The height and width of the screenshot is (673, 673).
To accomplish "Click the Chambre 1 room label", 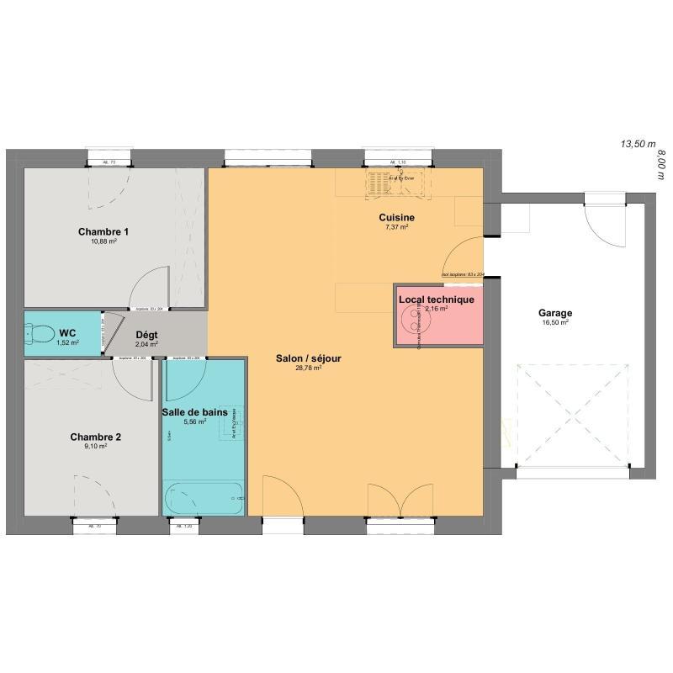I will point(103,231).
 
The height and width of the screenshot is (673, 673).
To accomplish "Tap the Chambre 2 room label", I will point(95,437).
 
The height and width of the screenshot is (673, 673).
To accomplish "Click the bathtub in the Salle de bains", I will point(205,499).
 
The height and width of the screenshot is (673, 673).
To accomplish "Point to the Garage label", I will point(554,313).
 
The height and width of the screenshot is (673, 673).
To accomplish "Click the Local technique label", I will point(436,299).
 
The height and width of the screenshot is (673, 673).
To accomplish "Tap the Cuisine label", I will point(396,218).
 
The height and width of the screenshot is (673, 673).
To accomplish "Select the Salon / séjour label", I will point(308,358).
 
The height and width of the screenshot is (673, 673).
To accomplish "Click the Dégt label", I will point(147,335).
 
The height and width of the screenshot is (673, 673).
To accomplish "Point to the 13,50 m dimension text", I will point(637,144).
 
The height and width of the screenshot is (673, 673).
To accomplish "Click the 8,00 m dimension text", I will point(660,162).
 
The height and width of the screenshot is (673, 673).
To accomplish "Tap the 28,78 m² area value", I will point(308,368).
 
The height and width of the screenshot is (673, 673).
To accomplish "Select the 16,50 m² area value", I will point(554,322).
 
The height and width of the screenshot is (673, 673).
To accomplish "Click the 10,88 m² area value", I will point(103,241).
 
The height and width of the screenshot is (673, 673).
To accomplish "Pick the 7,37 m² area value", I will point(396,227).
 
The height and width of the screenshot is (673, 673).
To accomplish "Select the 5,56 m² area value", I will point(195,421).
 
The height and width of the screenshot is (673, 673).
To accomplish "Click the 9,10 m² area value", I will point(95,447).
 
